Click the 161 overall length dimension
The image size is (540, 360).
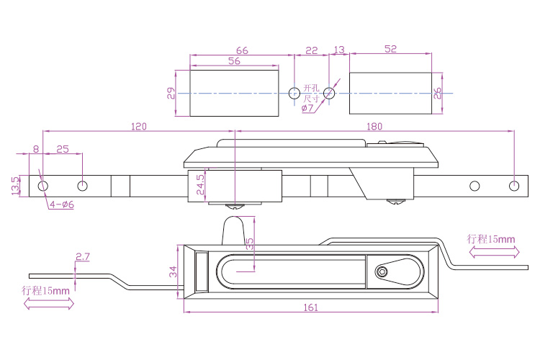(310, 307)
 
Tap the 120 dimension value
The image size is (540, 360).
(139, 126)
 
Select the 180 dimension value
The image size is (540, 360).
(374, 126)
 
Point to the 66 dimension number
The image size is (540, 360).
(241, 50)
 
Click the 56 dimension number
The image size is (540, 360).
(233, 62)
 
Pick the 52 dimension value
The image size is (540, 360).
(390, 49)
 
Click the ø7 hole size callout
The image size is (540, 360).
(307, 108)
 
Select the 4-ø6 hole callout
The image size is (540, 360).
(62, 204)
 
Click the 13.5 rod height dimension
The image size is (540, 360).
(15, 186)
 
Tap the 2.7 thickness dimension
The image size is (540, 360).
(82, 256)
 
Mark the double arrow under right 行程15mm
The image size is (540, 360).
(493, 252)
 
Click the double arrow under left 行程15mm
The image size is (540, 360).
(49, 305)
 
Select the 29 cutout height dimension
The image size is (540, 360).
(171, 93)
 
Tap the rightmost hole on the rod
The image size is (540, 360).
(513, 186)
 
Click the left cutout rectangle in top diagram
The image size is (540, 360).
(233, 93)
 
